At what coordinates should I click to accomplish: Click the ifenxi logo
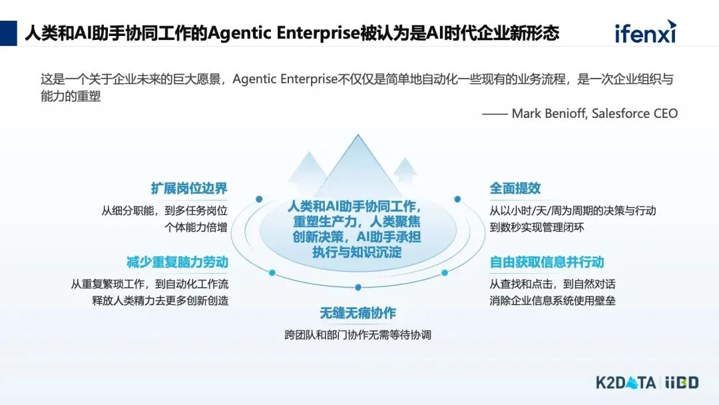[644, 31]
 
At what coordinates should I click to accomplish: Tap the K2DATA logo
[625, 382]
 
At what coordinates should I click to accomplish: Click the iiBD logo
[682, 382]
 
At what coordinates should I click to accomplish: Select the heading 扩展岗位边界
[188, 189]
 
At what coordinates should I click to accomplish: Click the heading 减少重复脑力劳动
[177, 262]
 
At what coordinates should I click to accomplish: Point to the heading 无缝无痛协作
[358, 313]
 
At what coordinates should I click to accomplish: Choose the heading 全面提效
[515, 189]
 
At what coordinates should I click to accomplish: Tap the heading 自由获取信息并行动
[547, 262]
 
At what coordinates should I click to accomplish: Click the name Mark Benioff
[549, 113]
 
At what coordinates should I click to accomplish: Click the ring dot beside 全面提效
[457, 199]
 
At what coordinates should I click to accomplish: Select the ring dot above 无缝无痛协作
[358, 287]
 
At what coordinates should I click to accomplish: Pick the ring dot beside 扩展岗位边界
[259, 199]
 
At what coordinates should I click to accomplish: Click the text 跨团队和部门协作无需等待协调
[358, 334]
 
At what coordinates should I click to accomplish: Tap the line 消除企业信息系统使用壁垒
[553, 300]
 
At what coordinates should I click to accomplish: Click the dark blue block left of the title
[9, 33]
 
